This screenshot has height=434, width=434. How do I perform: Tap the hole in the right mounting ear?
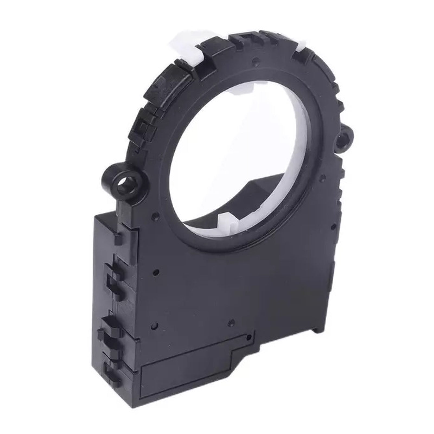pyautogui.click(x=345, y=135)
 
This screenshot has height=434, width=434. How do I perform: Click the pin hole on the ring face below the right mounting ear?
pyautogui.click(x=322, y=177)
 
